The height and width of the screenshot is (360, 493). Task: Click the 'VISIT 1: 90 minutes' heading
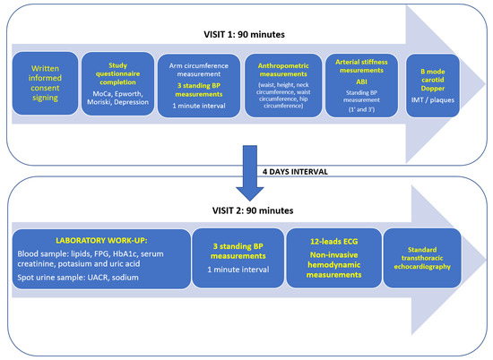pos(244,34)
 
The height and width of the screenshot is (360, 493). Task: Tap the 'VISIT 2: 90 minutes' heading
pos(253,210)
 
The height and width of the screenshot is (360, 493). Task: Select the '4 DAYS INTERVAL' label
pos(295,172)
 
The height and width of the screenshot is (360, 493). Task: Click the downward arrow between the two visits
pos(250,173)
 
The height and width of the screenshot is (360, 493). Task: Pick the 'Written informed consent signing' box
pos(45,83)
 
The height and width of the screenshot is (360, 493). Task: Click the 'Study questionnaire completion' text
pos(118,73)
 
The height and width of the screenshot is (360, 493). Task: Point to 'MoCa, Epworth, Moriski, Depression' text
pos(118,98)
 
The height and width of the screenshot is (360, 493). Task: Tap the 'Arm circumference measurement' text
pos(199,70)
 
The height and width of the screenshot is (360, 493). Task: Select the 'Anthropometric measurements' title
pos(283,70)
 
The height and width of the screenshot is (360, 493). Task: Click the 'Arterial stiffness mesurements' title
pos(361,66)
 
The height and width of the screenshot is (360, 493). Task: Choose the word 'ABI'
pos(361,81)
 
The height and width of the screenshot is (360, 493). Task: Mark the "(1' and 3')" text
pos(361,109)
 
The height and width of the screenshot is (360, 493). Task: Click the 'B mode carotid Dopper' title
pos(433,80)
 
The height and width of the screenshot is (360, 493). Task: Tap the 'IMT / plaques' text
pos(433,100)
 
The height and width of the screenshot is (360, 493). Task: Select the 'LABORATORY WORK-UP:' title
pos(101,241)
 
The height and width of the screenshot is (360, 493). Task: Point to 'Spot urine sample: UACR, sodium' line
pos(78,278)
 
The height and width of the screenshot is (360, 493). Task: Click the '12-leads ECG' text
pos(334,241)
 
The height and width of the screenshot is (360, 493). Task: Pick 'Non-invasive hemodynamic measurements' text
pos(334,265)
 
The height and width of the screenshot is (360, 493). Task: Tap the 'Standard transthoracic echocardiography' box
pos(422,258)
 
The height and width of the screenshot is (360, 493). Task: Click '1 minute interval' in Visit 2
pos(238,270)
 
